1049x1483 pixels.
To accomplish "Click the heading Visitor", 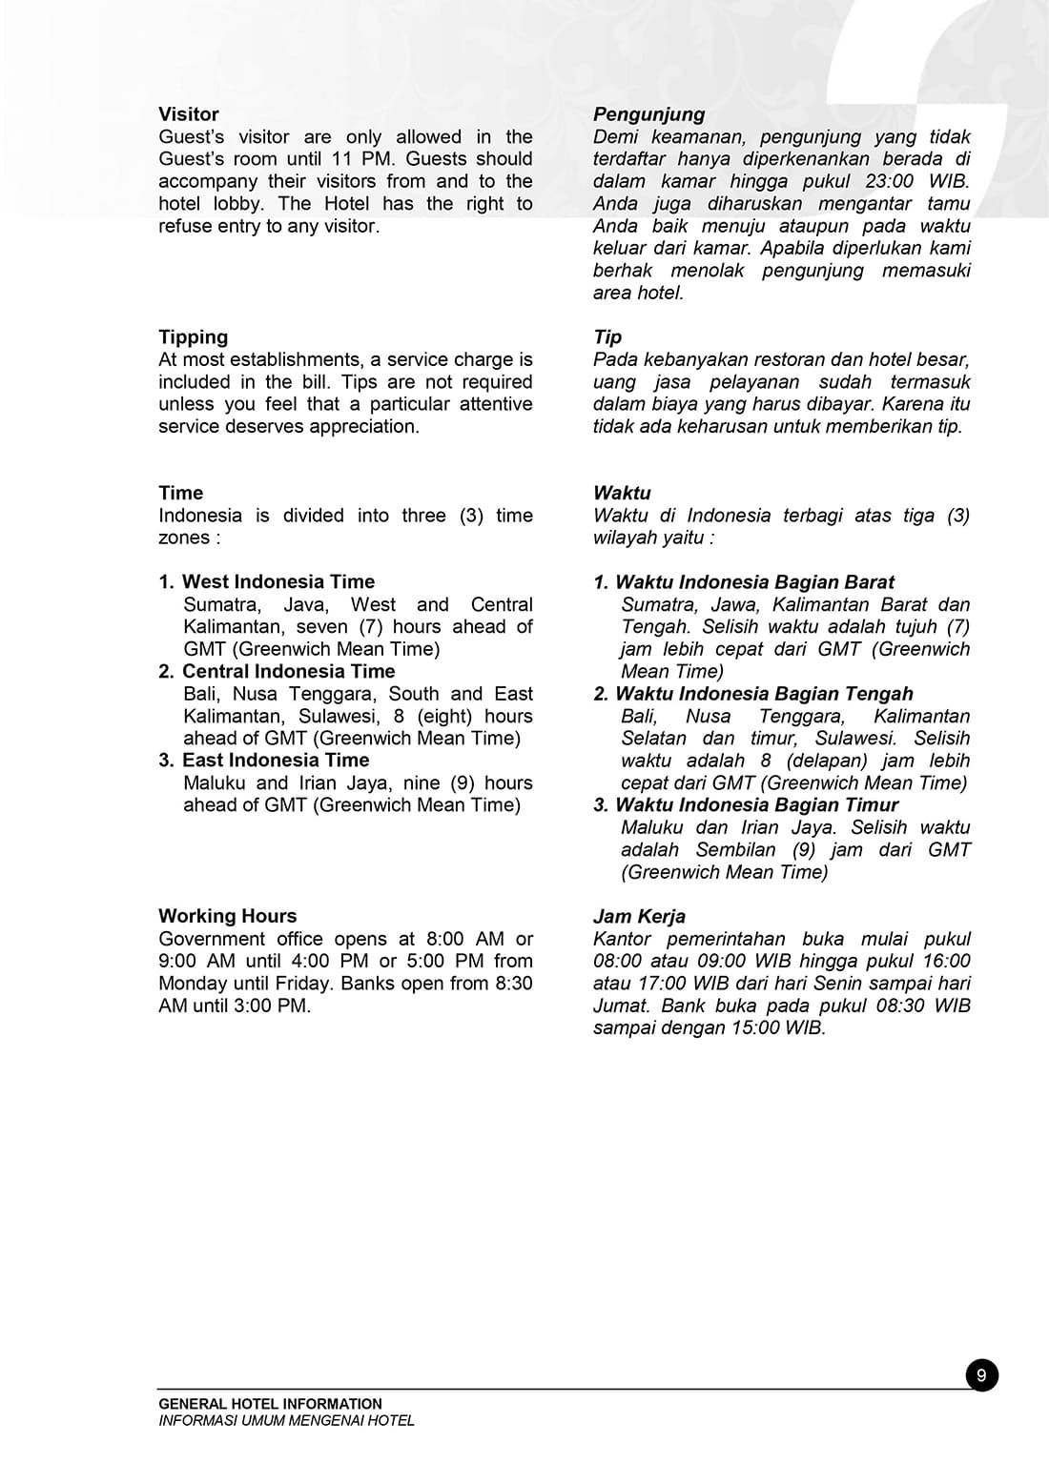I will (x=189, y=114).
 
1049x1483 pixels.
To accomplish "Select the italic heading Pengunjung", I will (x=648, y=114).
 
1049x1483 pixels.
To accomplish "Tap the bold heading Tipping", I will (x=194, y=337).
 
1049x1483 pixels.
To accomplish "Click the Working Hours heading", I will (x=228, y=916).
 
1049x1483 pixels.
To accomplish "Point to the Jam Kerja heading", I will (x=639, y=916).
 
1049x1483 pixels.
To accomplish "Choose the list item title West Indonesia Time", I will (x=278, y=582).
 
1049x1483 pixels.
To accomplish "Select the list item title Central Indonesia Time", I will (x=288, y=671).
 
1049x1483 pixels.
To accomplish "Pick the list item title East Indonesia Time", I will (x=276, y=761).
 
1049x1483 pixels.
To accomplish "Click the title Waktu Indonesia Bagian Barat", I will (x=754, y=582).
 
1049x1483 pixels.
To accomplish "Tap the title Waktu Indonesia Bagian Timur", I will (x=756, y=805).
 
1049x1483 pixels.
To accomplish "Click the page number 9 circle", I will (x=981, y=1375).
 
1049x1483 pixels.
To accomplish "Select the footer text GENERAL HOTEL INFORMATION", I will (x=270, y=1404).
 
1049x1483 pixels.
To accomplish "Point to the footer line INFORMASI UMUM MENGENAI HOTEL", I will (x=286, y=1420).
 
